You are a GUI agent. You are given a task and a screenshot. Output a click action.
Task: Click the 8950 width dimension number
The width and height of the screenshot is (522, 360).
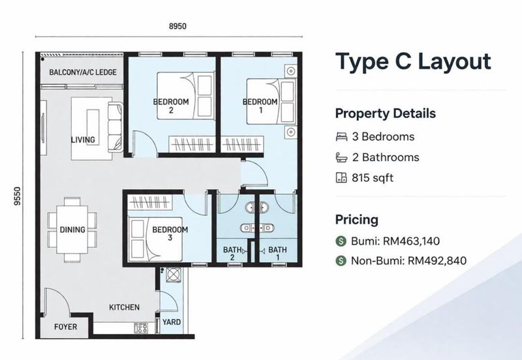tap(177, 26)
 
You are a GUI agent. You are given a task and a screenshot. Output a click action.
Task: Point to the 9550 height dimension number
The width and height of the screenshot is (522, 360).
tap(18, 196)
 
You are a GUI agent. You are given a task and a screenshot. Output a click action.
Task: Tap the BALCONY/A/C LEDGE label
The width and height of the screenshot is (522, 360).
tap(83, 72)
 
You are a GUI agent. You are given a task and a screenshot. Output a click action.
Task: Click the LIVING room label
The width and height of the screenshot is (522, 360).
tap(83, 140)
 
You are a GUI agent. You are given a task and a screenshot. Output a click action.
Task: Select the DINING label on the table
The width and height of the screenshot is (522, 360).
tap(72, 230)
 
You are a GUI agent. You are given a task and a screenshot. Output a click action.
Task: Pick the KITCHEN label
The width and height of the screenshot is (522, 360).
tap(124, 307)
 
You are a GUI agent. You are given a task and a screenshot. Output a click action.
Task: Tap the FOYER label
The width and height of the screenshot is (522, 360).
tap(66, 327)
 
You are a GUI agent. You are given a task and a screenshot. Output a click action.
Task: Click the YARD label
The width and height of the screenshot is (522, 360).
tap(172, 322)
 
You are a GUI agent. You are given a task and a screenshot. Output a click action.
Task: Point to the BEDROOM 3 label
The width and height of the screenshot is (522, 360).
tap(170, 233)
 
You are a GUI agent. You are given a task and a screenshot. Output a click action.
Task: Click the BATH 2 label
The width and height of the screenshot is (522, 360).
tap(233, 253)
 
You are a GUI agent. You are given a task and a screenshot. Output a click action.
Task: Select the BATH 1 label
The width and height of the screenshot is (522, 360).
tap(277, 253)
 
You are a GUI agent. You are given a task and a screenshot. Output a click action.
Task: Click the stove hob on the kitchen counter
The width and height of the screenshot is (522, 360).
tap(141, 328)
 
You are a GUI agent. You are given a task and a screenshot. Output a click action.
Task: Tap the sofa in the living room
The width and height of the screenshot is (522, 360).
tap(115, 127)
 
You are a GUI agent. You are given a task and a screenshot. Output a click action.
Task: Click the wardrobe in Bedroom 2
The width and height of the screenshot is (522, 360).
tap(191, 143)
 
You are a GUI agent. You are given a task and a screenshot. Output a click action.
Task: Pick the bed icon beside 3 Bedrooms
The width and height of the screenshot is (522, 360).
tap(341, 137)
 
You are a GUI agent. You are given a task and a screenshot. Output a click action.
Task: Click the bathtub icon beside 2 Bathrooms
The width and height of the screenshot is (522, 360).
tap(341, 157)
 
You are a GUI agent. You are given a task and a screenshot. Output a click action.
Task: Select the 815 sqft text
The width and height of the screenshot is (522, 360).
tap(373, 178)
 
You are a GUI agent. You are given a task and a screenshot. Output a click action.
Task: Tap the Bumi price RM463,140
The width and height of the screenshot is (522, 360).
tap(412, 241)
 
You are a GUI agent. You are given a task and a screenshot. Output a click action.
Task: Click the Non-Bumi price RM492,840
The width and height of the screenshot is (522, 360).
tap(437, 260)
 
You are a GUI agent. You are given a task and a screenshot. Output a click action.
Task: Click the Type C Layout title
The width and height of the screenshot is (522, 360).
tap(413, 62)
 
